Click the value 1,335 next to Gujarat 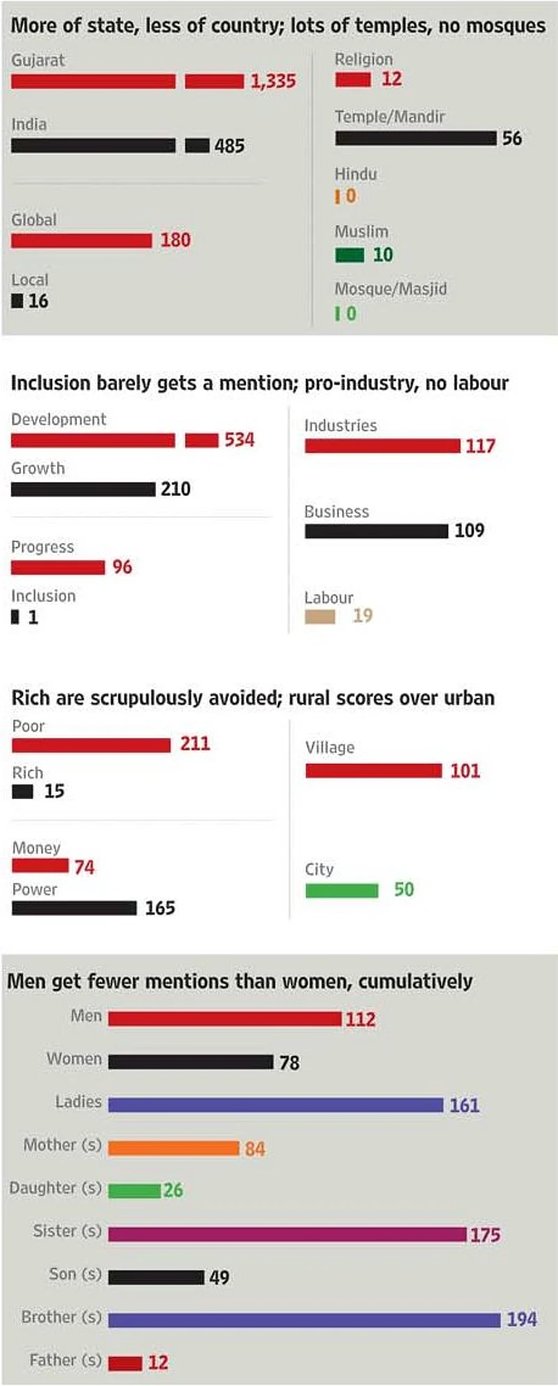click(273, 81)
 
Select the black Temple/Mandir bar click(415, 138)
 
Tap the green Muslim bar click(350, 255)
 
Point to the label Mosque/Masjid click(390, 289)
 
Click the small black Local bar click(17, 301)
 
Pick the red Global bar click(81, 240)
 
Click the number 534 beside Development click(239, 440)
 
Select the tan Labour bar click(320, 616)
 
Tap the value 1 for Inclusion click(33, 618)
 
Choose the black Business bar click(376, 531)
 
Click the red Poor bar click(91, 745)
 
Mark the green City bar click(341, 890)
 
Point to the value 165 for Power click(160, 908)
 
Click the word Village click(330, 748)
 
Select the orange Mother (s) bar click(173, 1148)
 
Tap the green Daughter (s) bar click(134, 1190)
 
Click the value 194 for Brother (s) click(521, 1319)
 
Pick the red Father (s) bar click(125, 1363)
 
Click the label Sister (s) click(67, 1231)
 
